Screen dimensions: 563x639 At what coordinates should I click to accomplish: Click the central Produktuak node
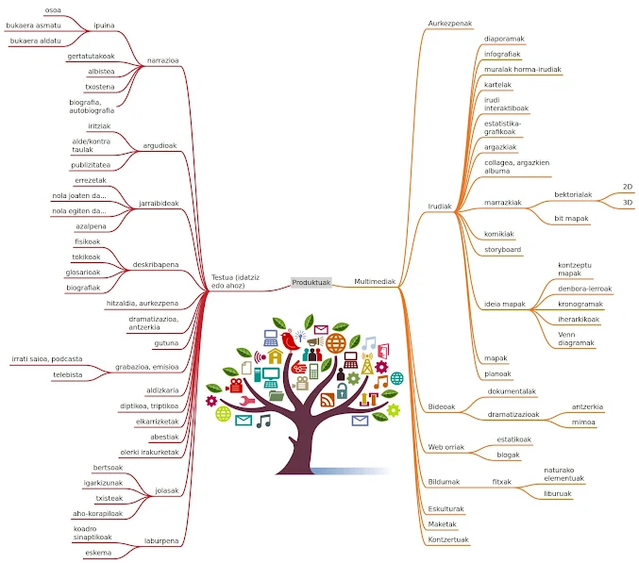pos(311,282)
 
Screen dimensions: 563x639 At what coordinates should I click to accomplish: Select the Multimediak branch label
pos(375,282)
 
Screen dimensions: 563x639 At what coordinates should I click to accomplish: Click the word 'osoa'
pos(53,9)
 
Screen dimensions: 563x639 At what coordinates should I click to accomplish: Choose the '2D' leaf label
pos(628,187)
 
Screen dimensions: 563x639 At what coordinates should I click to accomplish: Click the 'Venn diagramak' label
pos(577,339)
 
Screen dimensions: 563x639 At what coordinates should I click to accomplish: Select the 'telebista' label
pos(68,374)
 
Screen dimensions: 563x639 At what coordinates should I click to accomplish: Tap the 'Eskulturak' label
pos(446,508)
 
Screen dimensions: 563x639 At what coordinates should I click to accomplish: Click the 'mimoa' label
pos(583,422)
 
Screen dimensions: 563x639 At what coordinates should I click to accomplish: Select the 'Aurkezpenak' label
pos(450,23)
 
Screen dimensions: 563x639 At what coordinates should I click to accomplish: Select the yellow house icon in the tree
pos(275,356)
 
